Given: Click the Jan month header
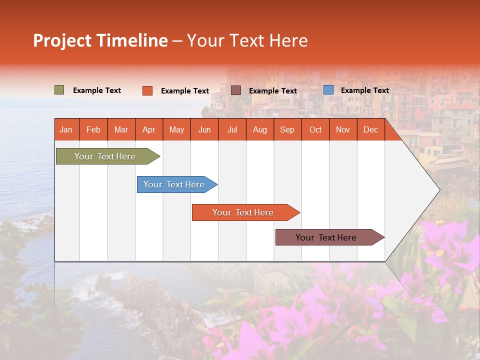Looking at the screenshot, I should [x=66, y=129].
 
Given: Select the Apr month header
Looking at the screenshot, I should [x=149, y=129].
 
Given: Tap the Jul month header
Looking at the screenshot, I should [x=232, y=129].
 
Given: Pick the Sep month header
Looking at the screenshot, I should [x=287, y=129].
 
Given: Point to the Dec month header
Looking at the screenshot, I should [x=370, y=129].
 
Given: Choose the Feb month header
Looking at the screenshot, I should [x=93, y=129].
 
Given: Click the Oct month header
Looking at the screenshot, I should [x=315, y=129].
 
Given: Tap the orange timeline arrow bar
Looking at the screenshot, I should [x=243, y=212].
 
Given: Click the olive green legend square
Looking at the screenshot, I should [x=59, y=90].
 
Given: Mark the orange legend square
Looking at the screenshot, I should [x=147, y=90].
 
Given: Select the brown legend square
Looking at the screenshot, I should [x=236, y=90].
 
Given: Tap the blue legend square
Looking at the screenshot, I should [x=328, y=90].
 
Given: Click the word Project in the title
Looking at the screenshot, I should [x=62, y=40].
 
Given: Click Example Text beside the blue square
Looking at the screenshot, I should [x=364, y=90].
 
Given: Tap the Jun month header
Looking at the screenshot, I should [x=204, y=129].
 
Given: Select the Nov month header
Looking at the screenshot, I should [x=343, y=129].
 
